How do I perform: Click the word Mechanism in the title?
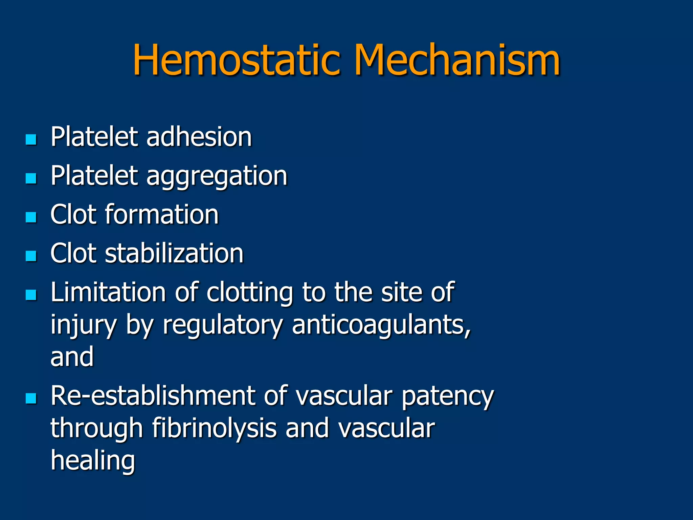click(457, 60)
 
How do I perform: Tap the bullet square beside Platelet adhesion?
click(31, 139)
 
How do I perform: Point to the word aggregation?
click(217, 177)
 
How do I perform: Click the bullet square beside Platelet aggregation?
click(31, 178)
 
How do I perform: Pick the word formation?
click(162, 215)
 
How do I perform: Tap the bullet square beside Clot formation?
click(31, 217)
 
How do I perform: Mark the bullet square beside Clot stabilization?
click(31, 256)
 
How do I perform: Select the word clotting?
click(250, 292)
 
